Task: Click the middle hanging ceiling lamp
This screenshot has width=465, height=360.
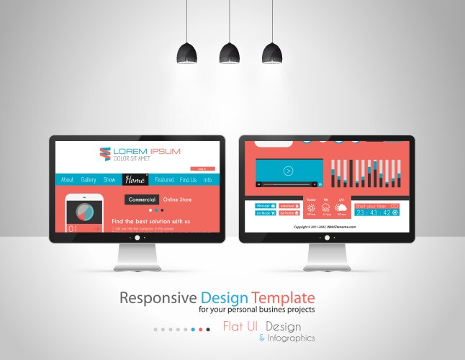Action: coord(230,53)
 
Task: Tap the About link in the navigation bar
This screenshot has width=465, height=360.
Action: coord(67,180)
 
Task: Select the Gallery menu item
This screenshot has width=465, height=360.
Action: coord(89,180)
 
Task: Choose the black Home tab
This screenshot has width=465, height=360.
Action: coord(135,180)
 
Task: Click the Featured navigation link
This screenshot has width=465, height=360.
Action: coord(164,180)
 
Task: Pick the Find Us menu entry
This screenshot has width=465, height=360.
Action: coord(188,180)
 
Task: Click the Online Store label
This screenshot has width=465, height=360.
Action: coord(178,199)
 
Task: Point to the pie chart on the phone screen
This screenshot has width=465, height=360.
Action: coord(83,211)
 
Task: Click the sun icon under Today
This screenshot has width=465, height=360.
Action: coord(311,208)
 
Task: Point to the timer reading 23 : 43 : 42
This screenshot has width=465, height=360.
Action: coord(374,212)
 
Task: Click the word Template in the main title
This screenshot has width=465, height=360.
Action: coord(283,297)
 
